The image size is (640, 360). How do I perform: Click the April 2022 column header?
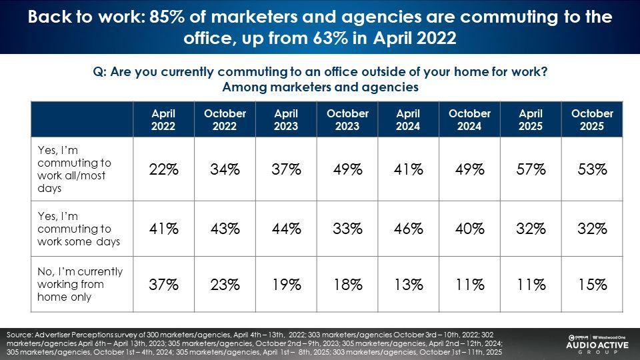(163, 119)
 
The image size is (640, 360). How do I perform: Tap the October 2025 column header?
(592, 119)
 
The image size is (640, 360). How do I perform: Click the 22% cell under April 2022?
(163, 170)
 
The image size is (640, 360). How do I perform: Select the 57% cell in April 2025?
(531, 170)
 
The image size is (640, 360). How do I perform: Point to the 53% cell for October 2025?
(592, 170)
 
